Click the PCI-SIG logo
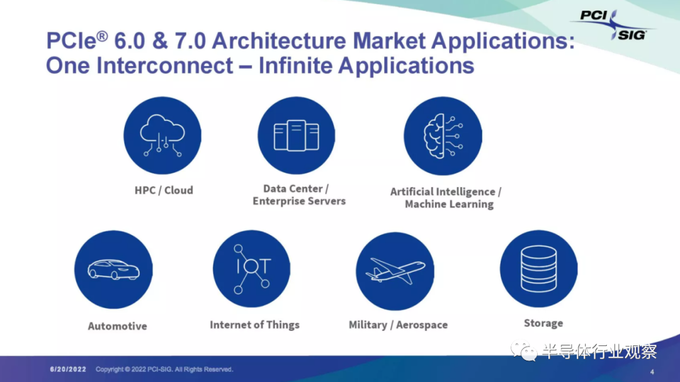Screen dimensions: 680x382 (613, 25)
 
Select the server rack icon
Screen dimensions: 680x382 (296, 136)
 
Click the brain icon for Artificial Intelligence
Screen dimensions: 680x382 (443, 136)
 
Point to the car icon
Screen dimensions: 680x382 (113, 269)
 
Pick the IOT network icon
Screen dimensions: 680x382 (251, 269)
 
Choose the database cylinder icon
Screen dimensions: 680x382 (538, 269)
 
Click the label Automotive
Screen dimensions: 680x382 (118, 326)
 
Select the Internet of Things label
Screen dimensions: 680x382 (254, 325)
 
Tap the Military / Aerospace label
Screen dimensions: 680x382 (398, 325)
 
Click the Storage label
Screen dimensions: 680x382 (543, 323)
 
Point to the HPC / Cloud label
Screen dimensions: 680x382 (164, 190)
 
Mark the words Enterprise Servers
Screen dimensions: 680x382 (299, 201)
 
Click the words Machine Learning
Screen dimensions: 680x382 (450, 204)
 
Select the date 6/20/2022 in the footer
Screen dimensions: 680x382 (68, 369)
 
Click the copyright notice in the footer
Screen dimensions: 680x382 (164, 369)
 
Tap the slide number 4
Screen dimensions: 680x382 (652, 372)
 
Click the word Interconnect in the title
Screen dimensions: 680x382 (165, 66)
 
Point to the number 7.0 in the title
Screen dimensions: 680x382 (190, 41)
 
